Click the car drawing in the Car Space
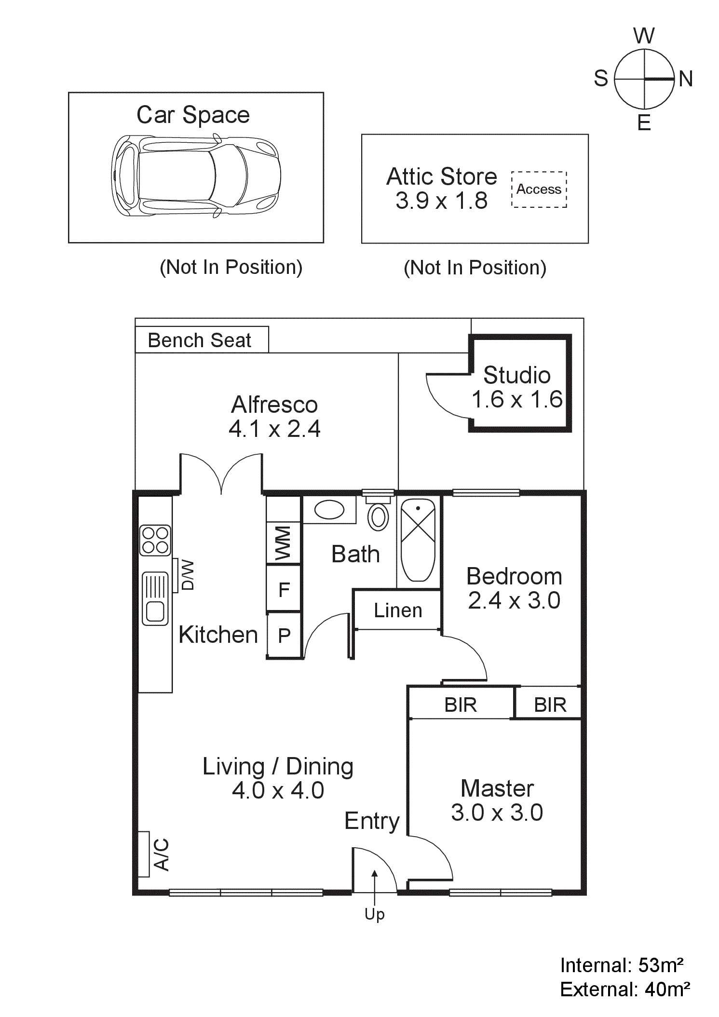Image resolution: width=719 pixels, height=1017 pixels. [x=196, y=176]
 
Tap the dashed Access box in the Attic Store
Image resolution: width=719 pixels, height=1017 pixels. [x=539, y=189]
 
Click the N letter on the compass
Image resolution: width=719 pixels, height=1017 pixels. [x=685, y=79]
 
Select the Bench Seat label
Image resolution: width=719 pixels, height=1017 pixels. [x=199, y=340]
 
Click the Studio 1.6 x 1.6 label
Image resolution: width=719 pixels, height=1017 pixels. [x=517, y=387]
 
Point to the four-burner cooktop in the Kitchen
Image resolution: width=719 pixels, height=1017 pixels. [x=155, y=540]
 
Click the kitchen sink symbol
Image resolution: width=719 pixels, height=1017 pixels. [x=155, y=598]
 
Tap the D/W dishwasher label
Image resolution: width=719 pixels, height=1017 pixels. [x=187, y=575]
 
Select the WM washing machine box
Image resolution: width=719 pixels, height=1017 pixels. [x=284, y=543]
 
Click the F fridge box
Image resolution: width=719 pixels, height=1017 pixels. [x=284, y=589]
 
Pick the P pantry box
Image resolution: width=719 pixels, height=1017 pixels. [x=284, y=636]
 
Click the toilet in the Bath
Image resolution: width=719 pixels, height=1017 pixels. [x=379, y=516]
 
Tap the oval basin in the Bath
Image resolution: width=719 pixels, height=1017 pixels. [x=329, y=510]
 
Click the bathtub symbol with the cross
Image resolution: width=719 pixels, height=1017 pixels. [x=418, y=540]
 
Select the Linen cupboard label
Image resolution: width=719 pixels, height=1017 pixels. [x=398, y=610]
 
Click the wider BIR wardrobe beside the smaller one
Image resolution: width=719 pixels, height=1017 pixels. [x=461, y=705]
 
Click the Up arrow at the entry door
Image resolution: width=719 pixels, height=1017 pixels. [x=375, y=887]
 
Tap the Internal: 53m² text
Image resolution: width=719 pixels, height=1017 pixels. [x=621, y=965]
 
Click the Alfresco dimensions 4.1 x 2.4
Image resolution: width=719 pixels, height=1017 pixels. [x=274, y=429]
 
